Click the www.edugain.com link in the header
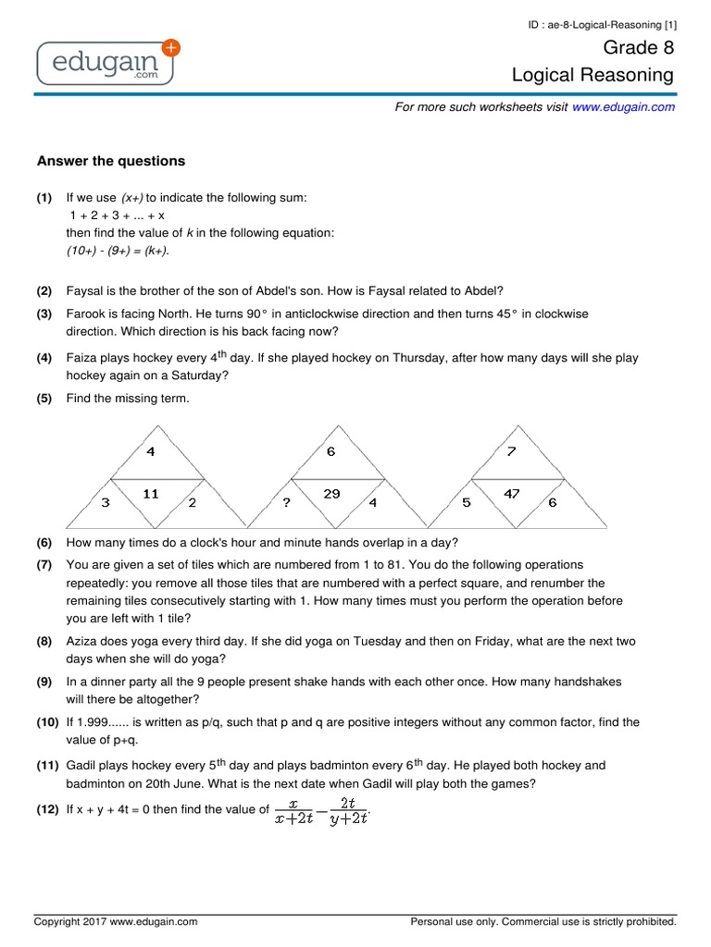623,107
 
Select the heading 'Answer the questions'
110,161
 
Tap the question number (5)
44,399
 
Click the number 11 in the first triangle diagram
151,495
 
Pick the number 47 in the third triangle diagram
512,495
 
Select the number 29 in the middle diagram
331,495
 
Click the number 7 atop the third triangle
511,451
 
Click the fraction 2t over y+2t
348,810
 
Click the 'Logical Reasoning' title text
593,76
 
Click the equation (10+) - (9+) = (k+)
118,251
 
